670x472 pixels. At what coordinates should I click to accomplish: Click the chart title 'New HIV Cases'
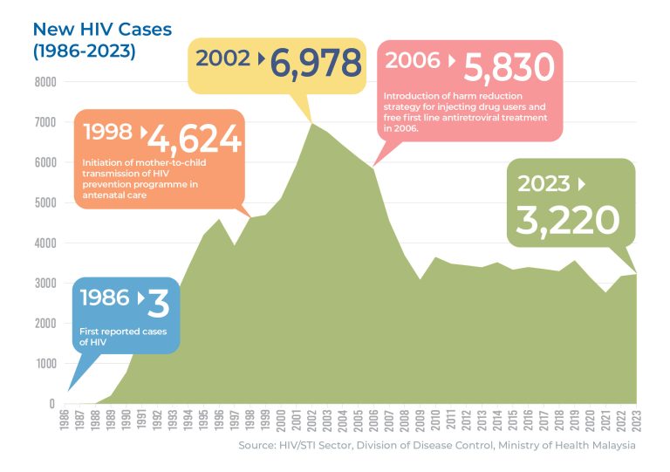pos(102,29)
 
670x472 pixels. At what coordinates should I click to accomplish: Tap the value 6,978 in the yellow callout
pos(315,63)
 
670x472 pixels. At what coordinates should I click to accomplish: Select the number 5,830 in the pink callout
pos(509,66)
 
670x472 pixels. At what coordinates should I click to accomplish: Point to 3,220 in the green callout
pos(567,220)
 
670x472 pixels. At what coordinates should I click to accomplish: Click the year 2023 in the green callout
pos(544,184)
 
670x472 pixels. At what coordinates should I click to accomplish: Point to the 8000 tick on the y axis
pos(45,82)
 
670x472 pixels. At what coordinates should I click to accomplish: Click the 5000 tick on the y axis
pos(45,203)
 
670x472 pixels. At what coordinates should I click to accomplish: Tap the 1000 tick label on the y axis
pos(45,364)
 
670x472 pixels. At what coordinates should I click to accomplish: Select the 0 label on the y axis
pos(52,404)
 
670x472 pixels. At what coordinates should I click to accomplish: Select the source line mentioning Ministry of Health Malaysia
pos(437,446)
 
